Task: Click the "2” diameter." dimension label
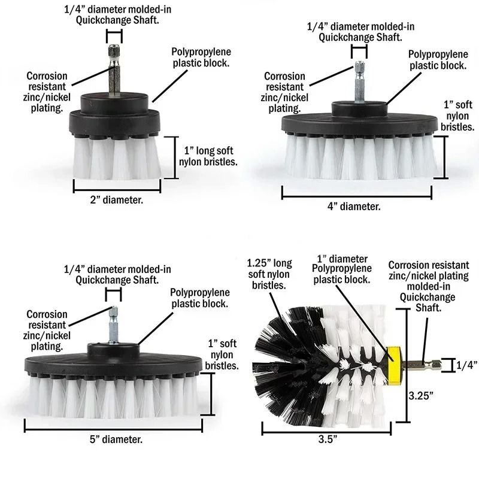pyautogui.click(x=116, y=200)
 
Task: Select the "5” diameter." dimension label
pyautogui.click(x=116, y=439)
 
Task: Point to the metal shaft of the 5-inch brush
pyautogui.click(x=112, y=324)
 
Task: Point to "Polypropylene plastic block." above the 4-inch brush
pyautogui.click(x=437, y=60)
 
